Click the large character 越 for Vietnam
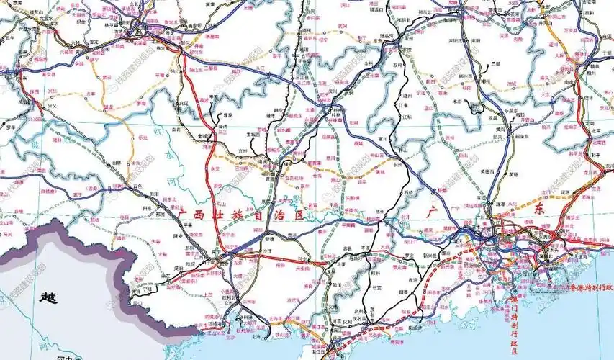coord(48,297)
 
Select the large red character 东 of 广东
coord(540,209)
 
